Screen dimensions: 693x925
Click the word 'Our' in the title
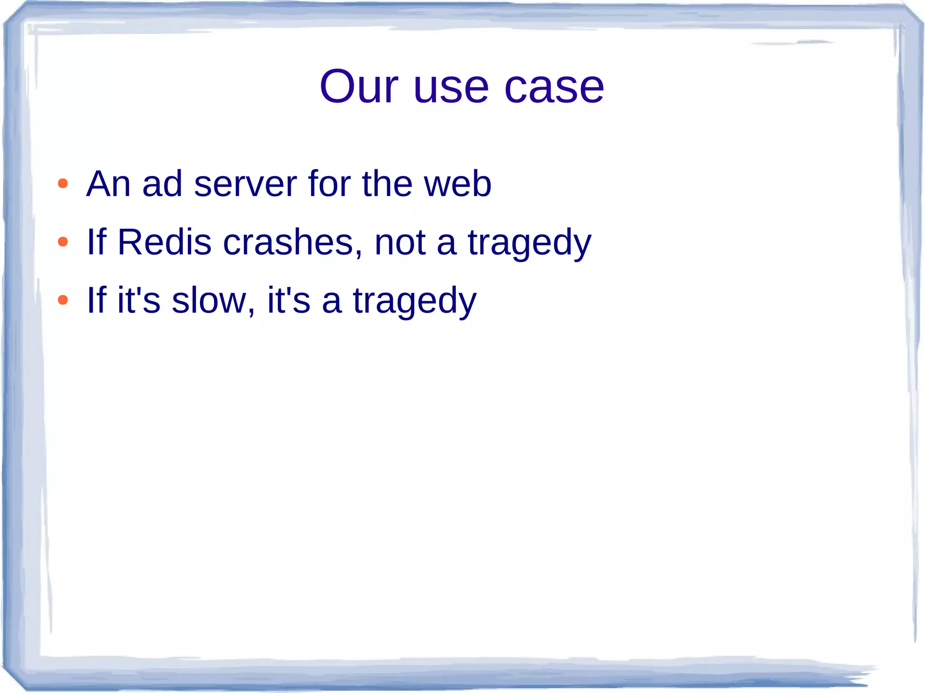359,86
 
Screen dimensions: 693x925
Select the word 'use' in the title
451,88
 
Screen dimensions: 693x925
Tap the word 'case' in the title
554,88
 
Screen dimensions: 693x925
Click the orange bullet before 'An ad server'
63,184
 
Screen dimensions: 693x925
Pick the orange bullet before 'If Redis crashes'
63,242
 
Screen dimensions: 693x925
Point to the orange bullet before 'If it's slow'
63,300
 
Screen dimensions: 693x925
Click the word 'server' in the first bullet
245,184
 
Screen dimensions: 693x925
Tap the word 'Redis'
164,242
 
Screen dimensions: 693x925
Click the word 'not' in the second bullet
400,243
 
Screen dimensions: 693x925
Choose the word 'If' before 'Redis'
96,242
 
